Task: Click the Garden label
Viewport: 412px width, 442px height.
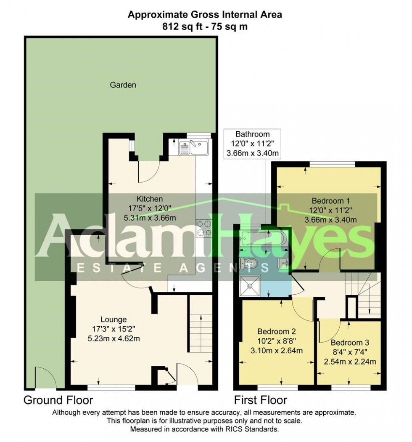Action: click(x=123, y=85)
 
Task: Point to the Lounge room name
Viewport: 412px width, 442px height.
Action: click(x=113, y=320)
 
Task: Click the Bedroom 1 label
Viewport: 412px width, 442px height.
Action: click(x=330, y=201)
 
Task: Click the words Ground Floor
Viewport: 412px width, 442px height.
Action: click(x=58, y=399)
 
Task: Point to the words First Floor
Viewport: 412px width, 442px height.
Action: click(x=261, y=399)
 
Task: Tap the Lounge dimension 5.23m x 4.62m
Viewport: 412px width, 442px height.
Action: click(x=113, y=338)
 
